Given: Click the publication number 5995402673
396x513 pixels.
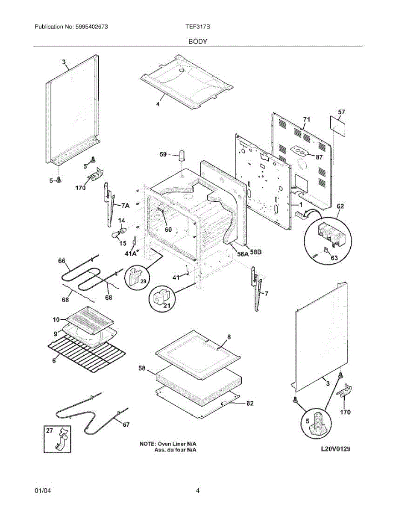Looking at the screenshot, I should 91,27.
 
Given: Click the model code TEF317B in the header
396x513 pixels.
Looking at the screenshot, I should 197,27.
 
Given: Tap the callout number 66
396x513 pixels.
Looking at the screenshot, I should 62,260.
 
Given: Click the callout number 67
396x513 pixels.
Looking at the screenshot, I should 126,424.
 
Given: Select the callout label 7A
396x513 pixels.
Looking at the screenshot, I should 125,206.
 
